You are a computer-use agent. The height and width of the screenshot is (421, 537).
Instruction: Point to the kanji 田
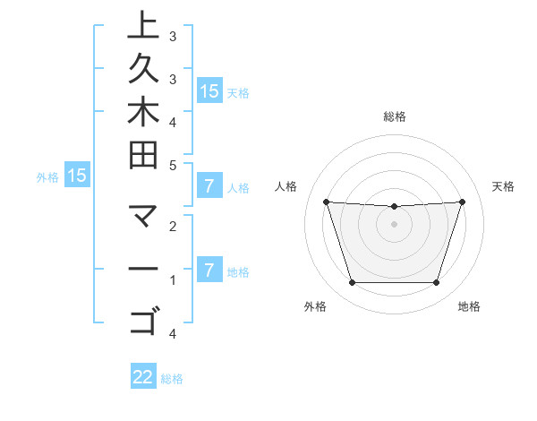[143, 154]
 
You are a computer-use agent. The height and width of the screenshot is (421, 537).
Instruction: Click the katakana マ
[143, 217]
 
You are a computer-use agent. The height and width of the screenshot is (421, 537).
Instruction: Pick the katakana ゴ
[143, 320]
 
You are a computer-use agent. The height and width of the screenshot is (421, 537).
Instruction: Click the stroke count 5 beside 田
[173, 165]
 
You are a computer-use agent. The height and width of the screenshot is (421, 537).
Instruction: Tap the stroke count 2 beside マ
[173, 227]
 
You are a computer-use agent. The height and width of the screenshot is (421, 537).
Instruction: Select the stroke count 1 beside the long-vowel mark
[173, 280]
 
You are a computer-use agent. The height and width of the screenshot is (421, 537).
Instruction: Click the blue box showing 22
[143, 377]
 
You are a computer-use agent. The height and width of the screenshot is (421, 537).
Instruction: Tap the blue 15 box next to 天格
[209, 90]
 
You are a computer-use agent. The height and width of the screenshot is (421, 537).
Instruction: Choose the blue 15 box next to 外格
[77, 176]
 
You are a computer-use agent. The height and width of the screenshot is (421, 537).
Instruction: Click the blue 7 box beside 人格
[209, 186]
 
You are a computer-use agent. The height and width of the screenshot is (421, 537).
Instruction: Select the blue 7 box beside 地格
[209, 270]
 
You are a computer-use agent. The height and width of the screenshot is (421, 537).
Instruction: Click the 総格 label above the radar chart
[395, 116]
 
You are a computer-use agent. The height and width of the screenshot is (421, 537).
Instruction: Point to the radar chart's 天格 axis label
[504, 186]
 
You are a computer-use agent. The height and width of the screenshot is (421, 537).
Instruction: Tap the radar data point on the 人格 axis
[326, 202]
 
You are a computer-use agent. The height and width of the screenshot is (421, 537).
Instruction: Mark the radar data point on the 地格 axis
[437, 283]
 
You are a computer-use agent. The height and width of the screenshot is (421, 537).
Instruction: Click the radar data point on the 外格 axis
[352, 283]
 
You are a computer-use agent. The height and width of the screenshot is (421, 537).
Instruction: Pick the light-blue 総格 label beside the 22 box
[173, 379]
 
